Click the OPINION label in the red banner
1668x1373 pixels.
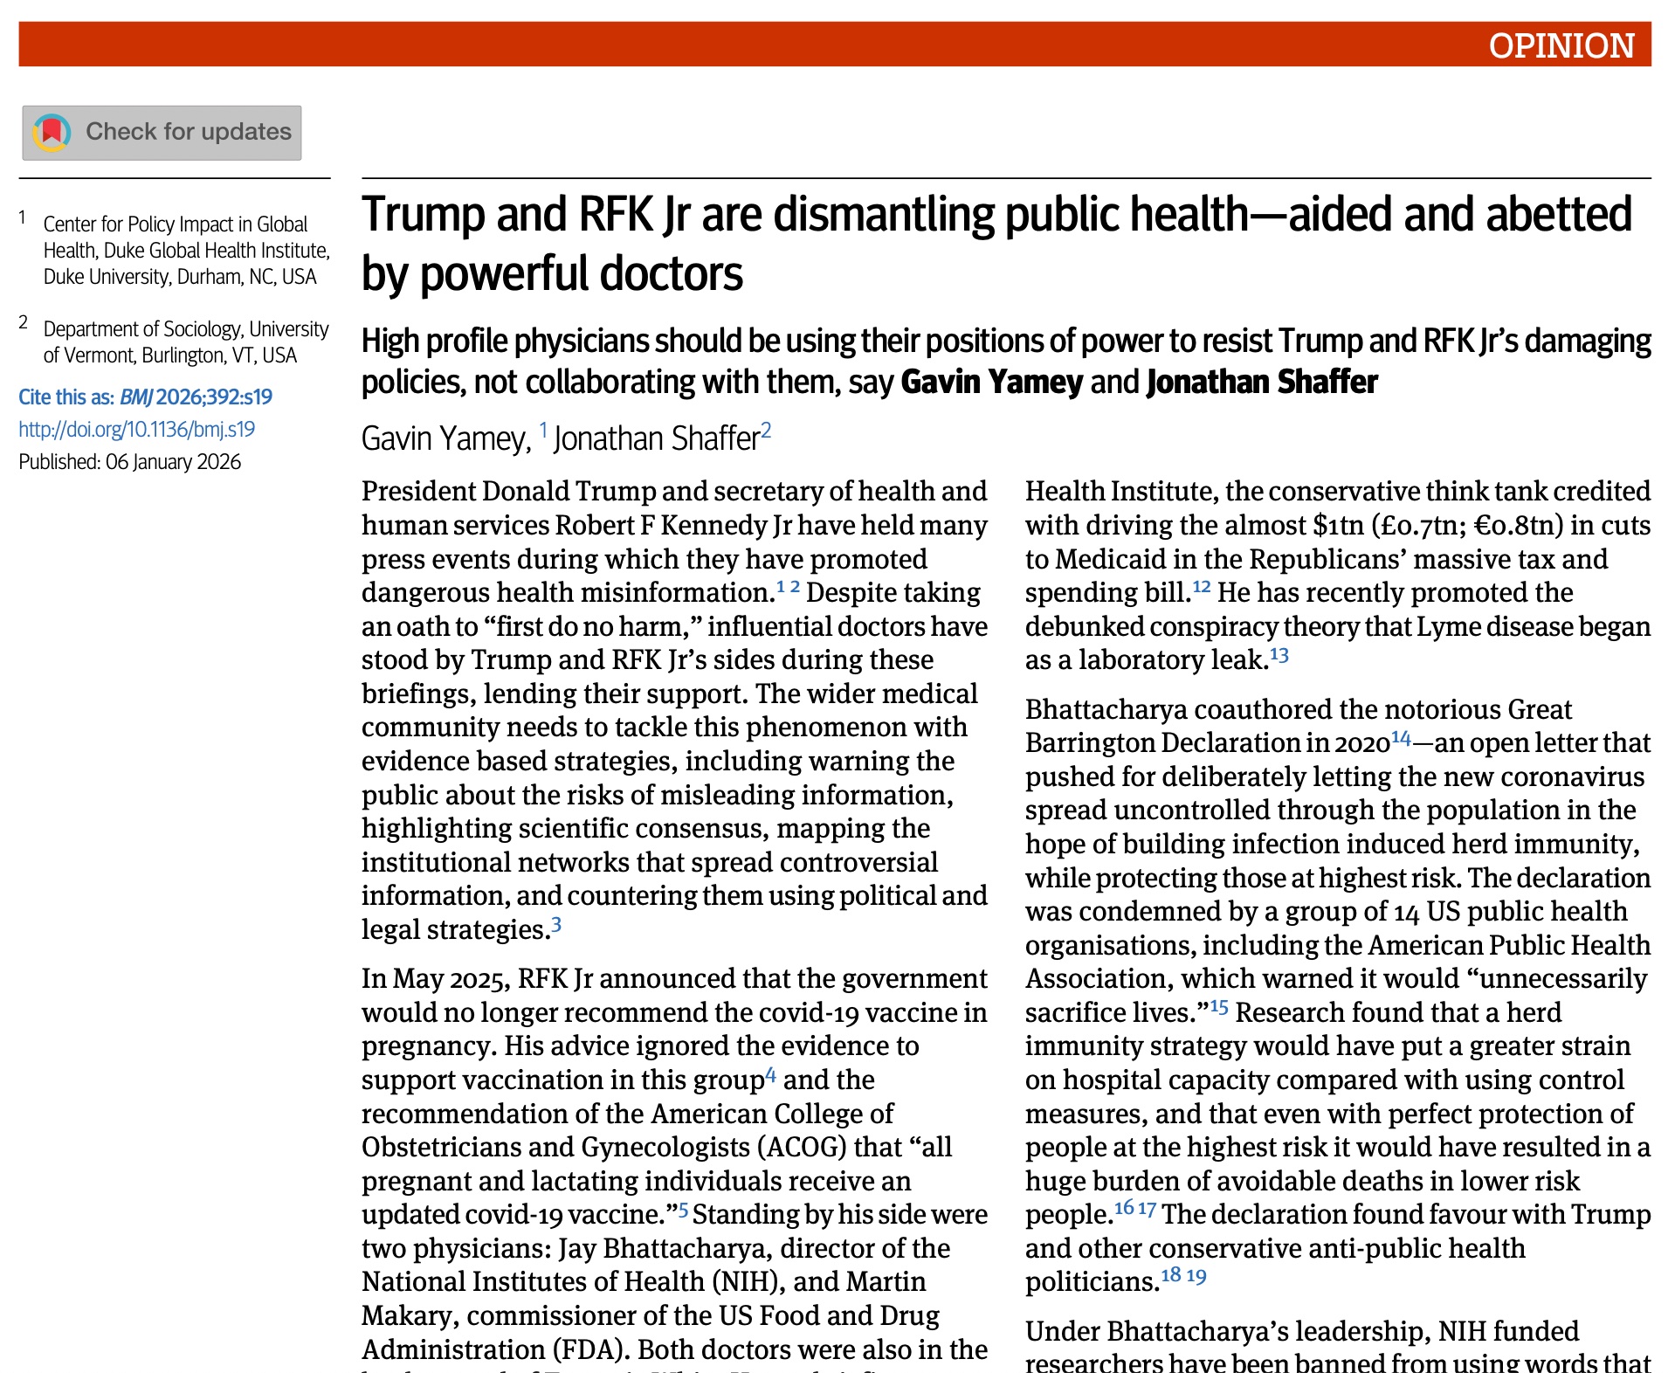click(1561, 45)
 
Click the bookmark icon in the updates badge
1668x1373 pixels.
click(52, 132)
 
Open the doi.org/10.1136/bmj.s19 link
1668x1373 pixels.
click(137, 429)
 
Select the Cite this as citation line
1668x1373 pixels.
click(145, 397)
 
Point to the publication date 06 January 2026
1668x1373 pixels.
click(173, 462)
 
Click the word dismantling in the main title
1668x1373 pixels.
click(884, 215)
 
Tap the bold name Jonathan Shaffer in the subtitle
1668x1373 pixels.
click(1261, 383)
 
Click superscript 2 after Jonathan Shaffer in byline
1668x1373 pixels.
click(766, 430)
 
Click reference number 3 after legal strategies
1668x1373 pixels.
click(556, 924)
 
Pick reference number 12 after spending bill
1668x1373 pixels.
click(1202, 586)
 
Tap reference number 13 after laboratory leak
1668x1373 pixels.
click(1279, 654)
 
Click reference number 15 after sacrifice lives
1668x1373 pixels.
click(1219, 1007)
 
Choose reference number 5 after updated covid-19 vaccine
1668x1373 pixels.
click(684, 1210)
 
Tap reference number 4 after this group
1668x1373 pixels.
click(770, 1074)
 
